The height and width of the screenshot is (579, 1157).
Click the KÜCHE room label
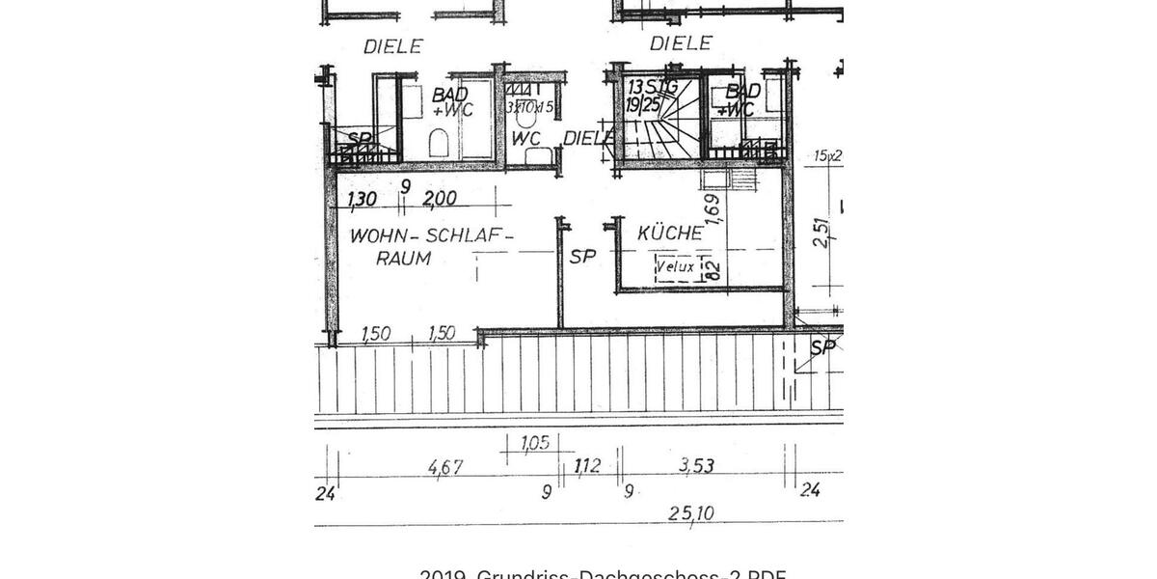[x=669, y=234]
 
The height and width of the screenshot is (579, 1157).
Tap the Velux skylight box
[x=678, y=267]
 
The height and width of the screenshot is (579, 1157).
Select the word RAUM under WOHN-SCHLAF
[x=403, y=259]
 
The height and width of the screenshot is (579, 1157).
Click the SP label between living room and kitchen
[x=582, y=257]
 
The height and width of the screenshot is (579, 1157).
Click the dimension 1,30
[x=362, y=200]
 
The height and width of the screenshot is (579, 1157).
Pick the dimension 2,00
[x=439, y=200]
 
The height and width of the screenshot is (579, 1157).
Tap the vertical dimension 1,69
[x=712, y=209]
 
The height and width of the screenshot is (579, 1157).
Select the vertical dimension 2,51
[x=821, y=233]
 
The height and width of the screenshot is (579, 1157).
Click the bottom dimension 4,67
[x=444, y=467]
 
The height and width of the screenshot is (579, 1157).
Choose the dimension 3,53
[x=696, y=466]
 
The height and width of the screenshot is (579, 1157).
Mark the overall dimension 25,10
[x=691, y=513]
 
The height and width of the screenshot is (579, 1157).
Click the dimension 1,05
[x=534, y=443]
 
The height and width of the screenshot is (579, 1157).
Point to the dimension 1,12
[x=587, y=467]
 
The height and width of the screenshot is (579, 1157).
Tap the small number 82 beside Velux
[x=714, y=270]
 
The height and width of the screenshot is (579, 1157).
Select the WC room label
[x=525, y=138]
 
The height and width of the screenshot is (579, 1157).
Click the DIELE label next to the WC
[x=586, y=138]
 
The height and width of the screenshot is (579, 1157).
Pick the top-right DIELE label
[x=680, y=43]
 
